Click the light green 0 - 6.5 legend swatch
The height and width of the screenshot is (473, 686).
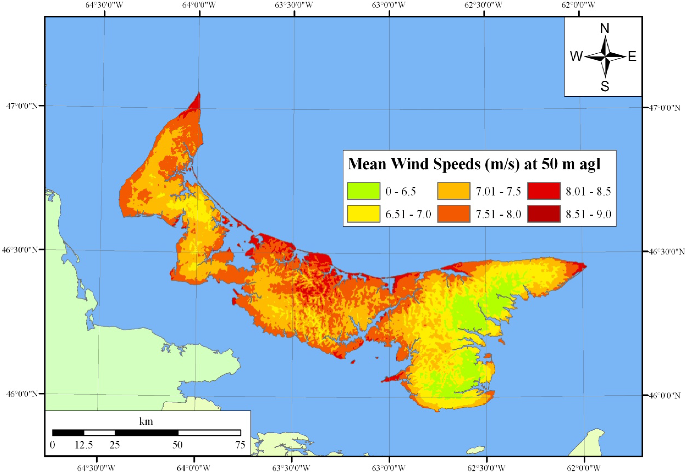click(x=363, y=191)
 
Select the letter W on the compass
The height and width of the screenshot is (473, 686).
click(x=576, y=56)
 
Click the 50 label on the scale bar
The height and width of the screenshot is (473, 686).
click(x=177, y=445)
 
